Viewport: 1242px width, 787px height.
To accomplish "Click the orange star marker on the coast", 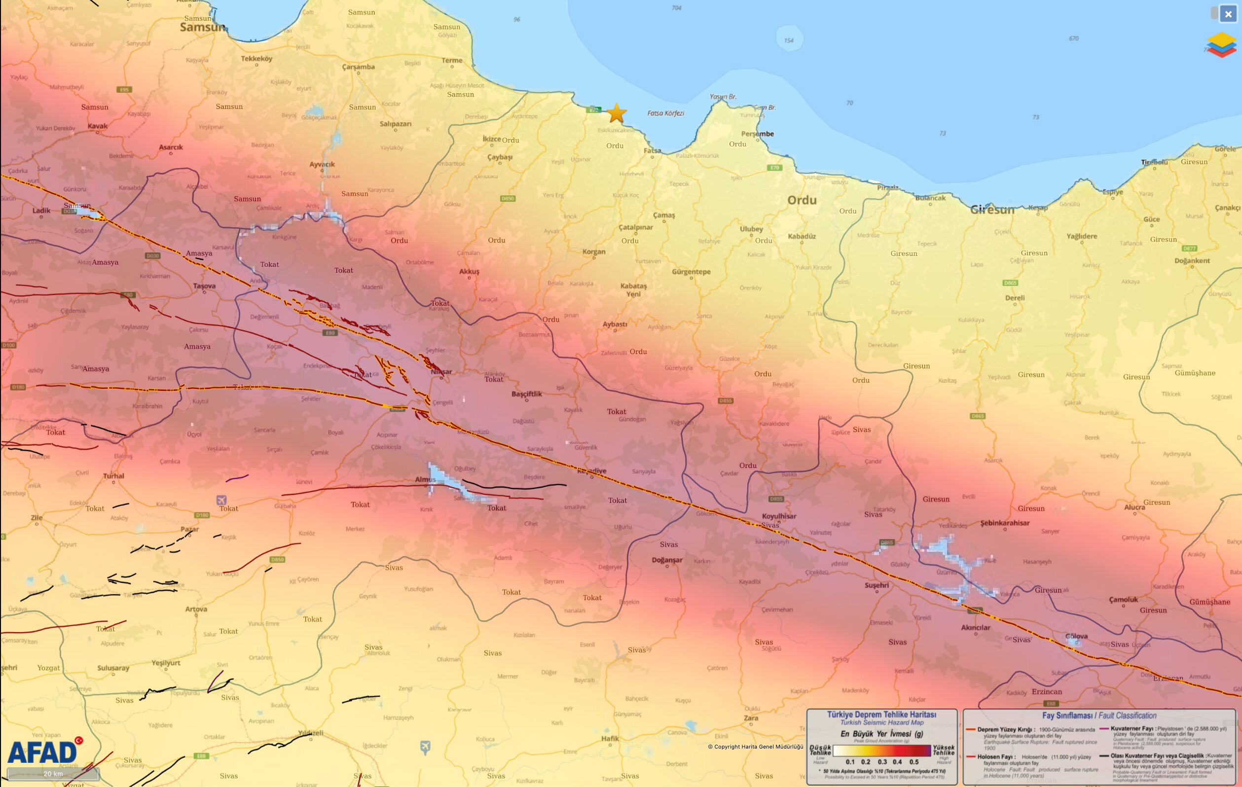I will pyautogui.click(x=617, y=113).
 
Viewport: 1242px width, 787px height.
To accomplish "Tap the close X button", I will pyautogui.click(x=1228, y=14).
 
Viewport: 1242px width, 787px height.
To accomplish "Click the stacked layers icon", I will pyautogui.click(x=1222, y=45).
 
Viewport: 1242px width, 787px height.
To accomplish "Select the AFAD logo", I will pyautogui.click(x=43, y=752).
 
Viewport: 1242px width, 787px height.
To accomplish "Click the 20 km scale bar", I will pyautogui.click(x=53, y=774).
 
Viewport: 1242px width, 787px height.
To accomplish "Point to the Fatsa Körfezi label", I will pyautogui.click(x=665, y=113).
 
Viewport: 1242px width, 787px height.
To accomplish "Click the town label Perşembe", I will pyautogui.click(x=757, y=134).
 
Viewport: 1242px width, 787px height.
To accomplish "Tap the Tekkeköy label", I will pyautogui.click(x=256, y=58).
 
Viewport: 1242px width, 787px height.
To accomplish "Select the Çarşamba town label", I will pyautogui.click(x=358, y=67).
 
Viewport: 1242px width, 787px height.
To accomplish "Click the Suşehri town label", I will pyautogui.click(x=877, y=585).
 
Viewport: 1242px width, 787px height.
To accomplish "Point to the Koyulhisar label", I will pyautogui.click(x=779, y=516).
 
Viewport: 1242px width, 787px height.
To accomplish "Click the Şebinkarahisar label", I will pyautogui.click(x=1004, y=522).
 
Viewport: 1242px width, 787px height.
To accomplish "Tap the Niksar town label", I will pyautogui.click(x=441, y=371).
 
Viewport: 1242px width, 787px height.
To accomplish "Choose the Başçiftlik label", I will pyautogui.click(x=527, y=393).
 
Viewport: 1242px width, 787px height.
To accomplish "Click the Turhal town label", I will pyautogui.click(x=113, y=475).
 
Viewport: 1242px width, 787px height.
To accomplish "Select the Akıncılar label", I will pyautogui.click(x=975, y=627).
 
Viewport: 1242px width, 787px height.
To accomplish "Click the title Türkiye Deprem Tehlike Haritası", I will pyautogui.click(x=881, y=715).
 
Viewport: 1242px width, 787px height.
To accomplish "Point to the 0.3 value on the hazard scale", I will pyautogui.click(x=882, y=761).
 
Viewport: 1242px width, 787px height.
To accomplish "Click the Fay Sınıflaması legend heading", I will pyautogui.click(x=1098, y=715).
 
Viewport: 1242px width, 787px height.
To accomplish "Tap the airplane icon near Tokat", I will pyautogui.click(x=221, y=500).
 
